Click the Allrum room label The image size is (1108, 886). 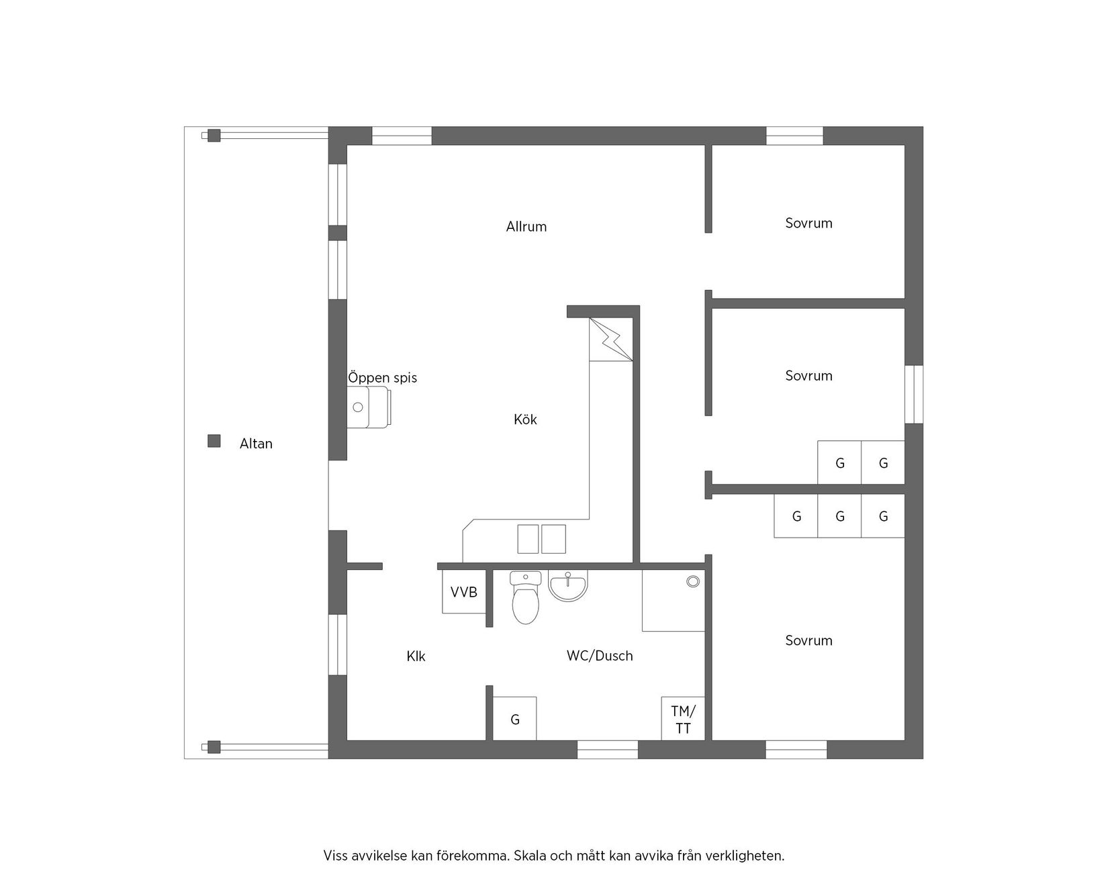[526, 227]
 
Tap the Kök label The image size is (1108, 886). [525, 420]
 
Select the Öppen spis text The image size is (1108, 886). [383, 378]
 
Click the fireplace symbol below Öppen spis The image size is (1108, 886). [369, 407]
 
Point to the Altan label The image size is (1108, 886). [256, 444]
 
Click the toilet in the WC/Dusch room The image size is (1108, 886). [525, 597]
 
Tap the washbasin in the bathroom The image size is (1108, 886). [568, 585]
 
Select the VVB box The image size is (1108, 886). [463, 592]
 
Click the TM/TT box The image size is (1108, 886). [683, 718]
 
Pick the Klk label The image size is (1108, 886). [416, 656]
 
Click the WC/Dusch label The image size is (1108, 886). [600, 656]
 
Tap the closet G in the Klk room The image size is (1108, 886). [515, 719]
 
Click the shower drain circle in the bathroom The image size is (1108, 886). [693, 581]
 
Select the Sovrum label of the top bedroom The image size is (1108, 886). [809, 224]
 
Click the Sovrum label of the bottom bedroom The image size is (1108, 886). [809, 641]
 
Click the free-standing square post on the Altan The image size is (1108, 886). [214, 441]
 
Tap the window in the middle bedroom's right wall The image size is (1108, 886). [914, 394]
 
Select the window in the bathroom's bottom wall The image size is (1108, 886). [608, 750]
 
